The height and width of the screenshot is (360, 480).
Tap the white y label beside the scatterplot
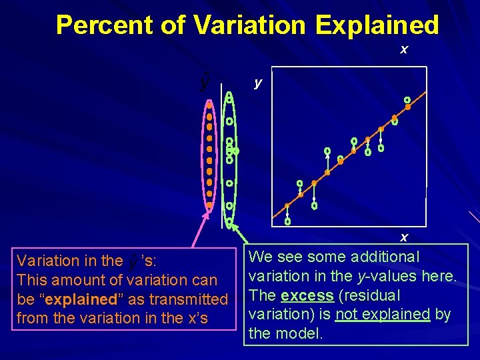click(x=259, y=83)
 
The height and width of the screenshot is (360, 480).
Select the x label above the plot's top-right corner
click(x=403, y=49)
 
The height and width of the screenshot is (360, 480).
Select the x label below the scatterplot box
click(x=403, y=237)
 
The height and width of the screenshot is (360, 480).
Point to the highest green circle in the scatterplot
click(x=407, y=100)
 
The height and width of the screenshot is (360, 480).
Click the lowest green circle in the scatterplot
click(x=287, y=221)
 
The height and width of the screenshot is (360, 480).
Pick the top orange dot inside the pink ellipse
click(x=209, y=104)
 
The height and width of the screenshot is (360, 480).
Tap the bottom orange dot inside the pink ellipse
click(x=209, y=205)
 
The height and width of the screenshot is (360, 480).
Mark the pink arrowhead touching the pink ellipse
click(x=207, y=215)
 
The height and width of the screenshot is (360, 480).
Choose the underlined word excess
click(x=307, y=295)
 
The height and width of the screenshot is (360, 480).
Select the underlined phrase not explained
click(x=383, y=314)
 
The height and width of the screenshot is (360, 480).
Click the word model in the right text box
click(x=303, y=333)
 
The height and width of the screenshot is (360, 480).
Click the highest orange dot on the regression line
click(x=407, y=107)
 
